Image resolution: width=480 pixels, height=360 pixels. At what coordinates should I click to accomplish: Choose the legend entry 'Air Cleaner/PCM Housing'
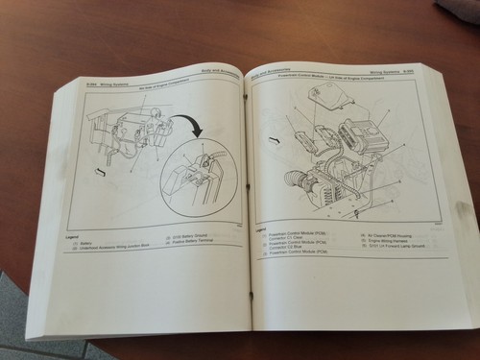(x=390, y=234)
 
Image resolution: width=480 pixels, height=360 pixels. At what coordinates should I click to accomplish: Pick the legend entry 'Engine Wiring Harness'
(x=385, y=241)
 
